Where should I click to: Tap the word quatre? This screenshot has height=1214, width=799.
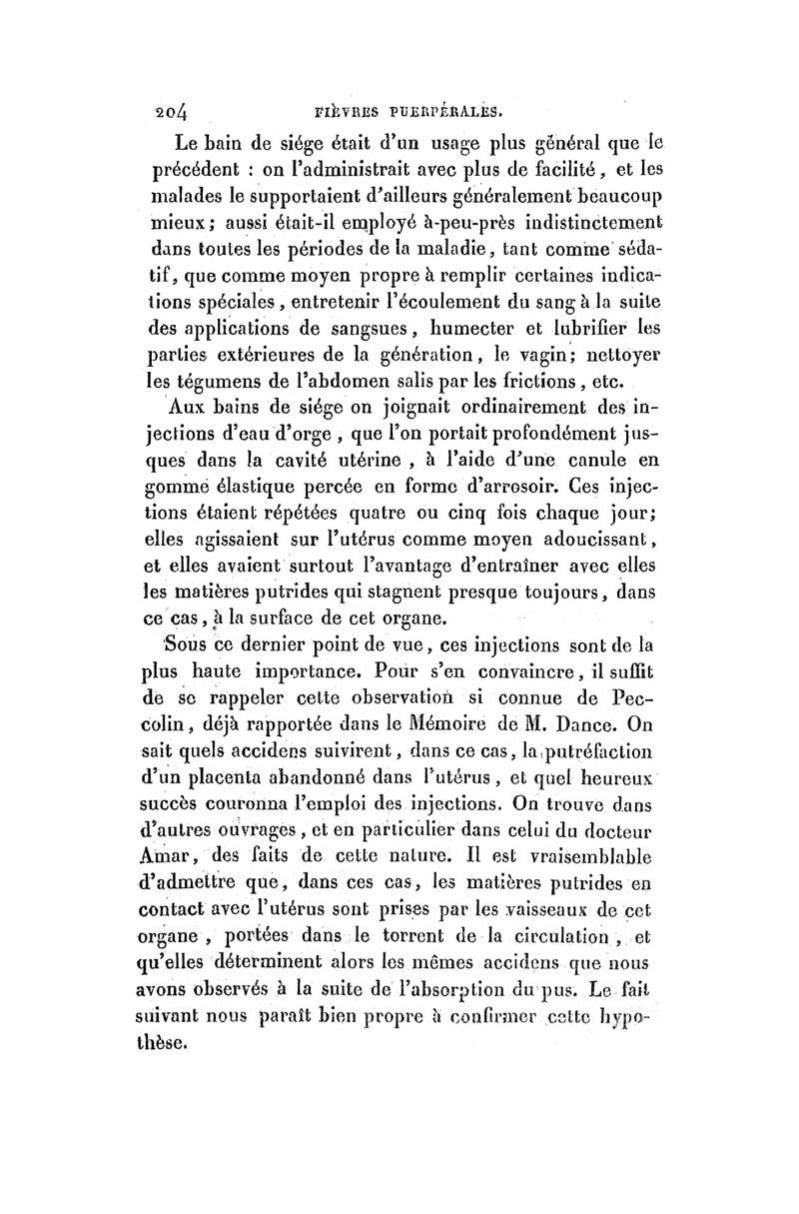[399, 516]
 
